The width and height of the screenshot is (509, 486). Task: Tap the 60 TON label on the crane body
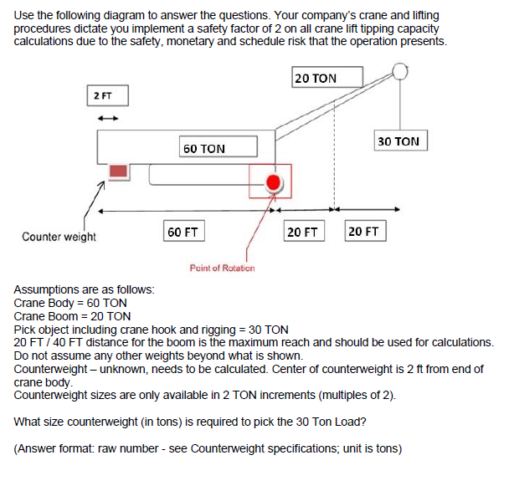(x=204, y=148)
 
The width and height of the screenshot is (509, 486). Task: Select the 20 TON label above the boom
(x=316, y=78)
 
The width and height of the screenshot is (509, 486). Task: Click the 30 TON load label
(x=399, y=141)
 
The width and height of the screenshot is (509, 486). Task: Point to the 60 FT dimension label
(x=182, y=231)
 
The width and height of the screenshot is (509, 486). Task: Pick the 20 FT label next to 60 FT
(x=302, y=231)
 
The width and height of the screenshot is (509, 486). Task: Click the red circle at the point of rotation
(x=273, y=183)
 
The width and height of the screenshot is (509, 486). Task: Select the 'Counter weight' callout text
(x=59, y=237)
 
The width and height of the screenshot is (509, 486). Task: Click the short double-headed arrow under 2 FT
(x=107, y=117)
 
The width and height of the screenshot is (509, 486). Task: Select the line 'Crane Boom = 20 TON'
(x=73, y=316)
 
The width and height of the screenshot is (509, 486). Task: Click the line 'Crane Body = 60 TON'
(x=71, y=303)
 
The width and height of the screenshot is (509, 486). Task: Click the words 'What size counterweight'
(x=76, y=422)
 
